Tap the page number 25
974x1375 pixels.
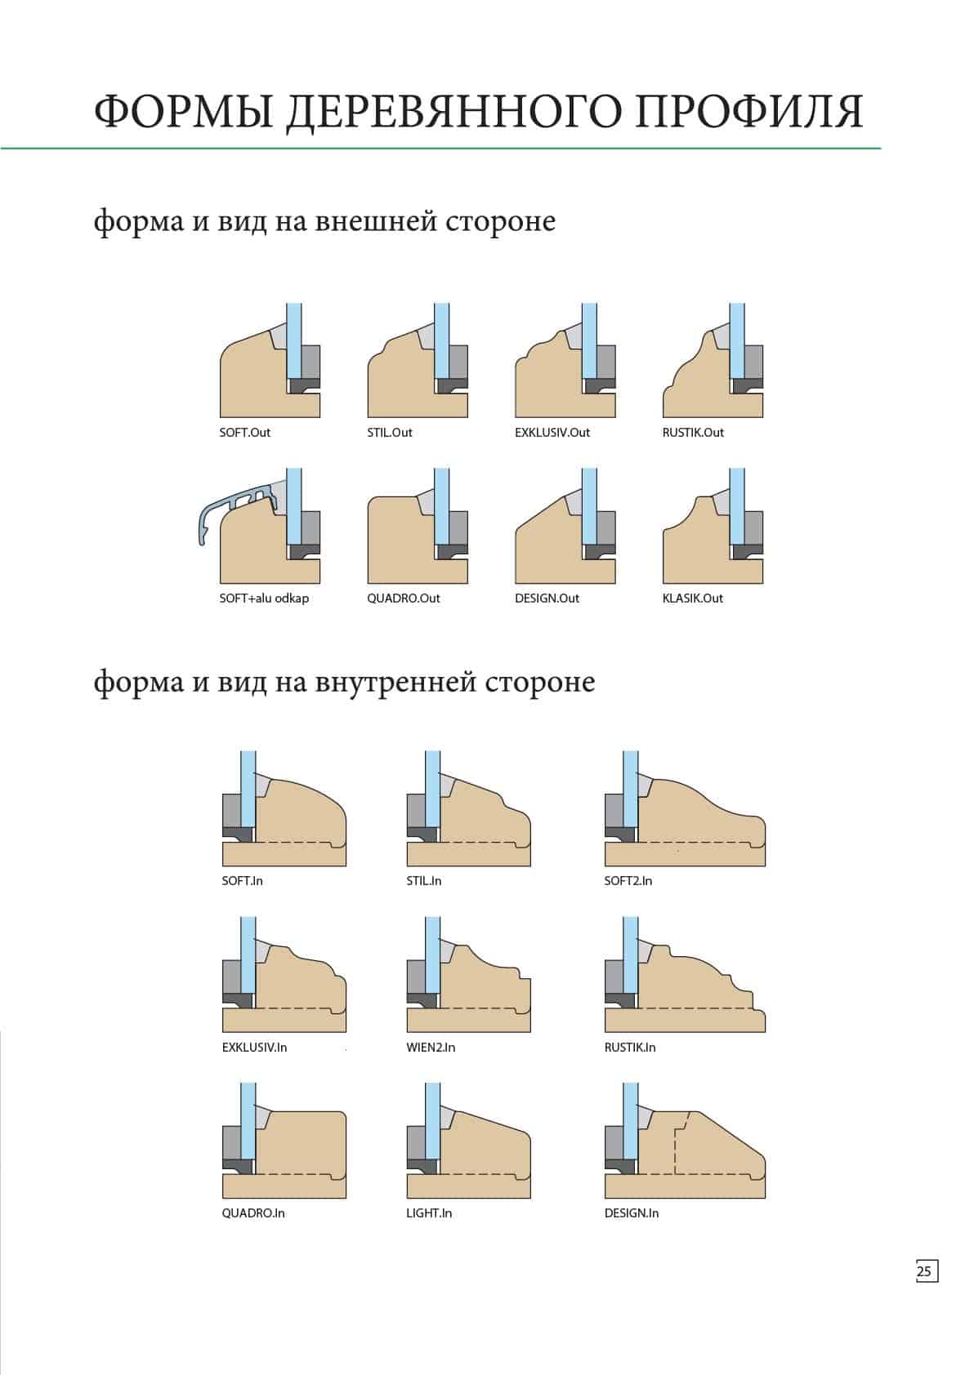923,1270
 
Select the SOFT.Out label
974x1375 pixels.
244,432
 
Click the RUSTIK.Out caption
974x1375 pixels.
693,432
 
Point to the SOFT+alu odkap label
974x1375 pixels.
264,598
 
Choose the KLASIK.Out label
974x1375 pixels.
692,598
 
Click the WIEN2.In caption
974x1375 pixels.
431,1048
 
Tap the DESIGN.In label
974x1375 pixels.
632,1213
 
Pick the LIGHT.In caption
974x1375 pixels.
429,1213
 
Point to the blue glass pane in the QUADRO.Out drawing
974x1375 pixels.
441,505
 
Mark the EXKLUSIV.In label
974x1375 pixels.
254,1048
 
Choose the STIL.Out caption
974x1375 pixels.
389,432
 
